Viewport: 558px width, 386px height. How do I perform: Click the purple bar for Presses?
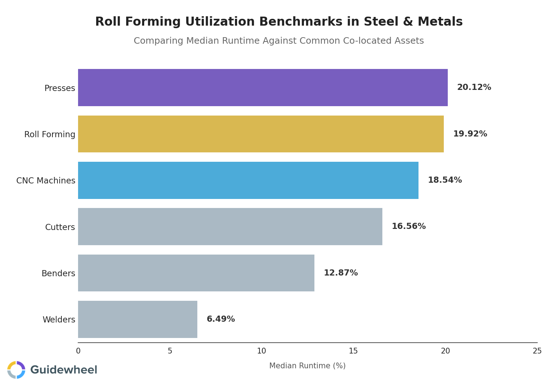263,87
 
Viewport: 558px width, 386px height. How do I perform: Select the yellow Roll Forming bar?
261,134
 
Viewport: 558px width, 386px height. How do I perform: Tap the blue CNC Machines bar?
248,180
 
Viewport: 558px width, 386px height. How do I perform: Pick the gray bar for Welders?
137,319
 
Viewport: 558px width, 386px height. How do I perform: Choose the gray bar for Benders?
196,273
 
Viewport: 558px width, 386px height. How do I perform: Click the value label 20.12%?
474,87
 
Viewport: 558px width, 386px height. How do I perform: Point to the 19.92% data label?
470,134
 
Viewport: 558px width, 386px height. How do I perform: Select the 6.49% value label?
220,319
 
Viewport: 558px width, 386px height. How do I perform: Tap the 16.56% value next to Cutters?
408,226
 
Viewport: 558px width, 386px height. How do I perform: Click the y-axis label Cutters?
60,227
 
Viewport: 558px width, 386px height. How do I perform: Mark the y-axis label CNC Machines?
46,181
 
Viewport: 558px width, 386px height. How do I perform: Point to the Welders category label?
59,320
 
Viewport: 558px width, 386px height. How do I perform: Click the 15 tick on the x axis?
353,351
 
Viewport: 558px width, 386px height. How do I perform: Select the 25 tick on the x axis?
537,351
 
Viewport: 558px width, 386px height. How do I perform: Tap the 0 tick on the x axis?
78,351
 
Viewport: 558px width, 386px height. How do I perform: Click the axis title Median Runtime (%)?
307,366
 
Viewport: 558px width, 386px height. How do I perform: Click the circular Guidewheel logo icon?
16,370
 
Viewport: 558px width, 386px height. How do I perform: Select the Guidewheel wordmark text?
64,370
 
